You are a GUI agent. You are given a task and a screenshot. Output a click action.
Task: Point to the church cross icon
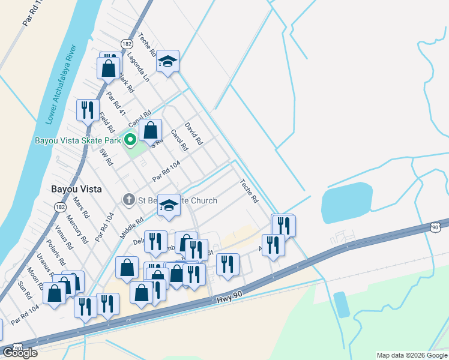coord(128,200)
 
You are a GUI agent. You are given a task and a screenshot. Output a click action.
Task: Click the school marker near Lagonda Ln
coord(168,62)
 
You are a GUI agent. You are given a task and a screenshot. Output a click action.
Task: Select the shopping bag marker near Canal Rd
coord(150,130)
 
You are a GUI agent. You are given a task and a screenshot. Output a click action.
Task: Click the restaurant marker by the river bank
coord(88,110)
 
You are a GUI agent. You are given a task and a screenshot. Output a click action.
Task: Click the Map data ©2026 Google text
coord(412,355)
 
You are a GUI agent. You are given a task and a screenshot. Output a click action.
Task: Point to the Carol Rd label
coord(179,140)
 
